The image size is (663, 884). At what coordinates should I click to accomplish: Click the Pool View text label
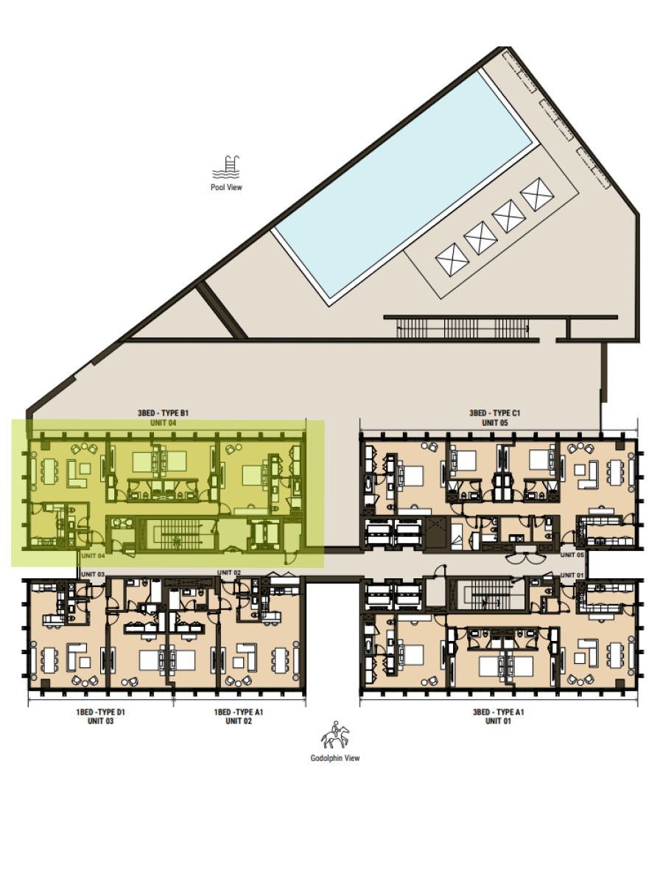pyautogui.click(x=226, y=187)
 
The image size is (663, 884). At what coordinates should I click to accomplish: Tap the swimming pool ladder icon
pyautogui.click(x=226, y=166)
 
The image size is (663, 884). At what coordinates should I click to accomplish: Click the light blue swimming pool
pyautogui.click(x=407, y=183)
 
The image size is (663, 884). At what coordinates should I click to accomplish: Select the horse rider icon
pyautogui.click(x=335, y=734)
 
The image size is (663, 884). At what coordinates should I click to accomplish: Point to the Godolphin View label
pyautogui.click(x=335, y=758)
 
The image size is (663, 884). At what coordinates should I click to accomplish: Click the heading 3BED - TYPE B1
pyautogui.click(x=163, y=413)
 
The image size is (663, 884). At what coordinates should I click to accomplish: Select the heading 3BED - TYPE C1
pyautogui.click(x=495, y=413)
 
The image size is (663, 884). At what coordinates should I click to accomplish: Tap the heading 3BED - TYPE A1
pyautogui.click(x=499, y=712)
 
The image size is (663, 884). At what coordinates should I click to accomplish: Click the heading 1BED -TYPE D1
pyautogui.click(x=101, y=712)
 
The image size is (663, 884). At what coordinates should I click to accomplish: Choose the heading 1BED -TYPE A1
pyautogui.click(x=238, y=712)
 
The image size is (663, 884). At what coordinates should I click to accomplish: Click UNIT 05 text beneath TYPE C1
pyautogui.click(x=495, y=423)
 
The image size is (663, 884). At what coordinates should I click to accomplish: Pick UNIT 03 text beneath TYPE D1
pyautogui.click(x=101, y=721)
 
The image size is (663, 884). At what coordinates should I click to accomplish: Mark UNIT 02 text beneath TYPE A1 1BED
pyautogui.click(x=238, y=721)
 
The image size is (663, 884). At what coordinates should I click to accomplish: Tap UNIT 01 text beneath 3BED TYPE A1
pyautogui.click(x=499, y=721)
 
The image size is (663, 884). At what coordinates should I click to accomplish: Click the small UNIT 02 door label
pyautogui.click(x=229, y=572)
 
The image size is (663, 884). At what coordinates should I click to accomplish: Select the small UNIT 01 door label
pyautogui.click(x=572, y=575)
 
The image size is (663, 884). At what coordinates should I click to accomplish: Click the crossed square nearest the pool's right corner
pyautogui.click(x=537, y=194)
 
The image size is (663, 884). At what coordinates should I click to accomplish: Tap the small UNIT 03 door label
pyautogui.click(x=93, y=575)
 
